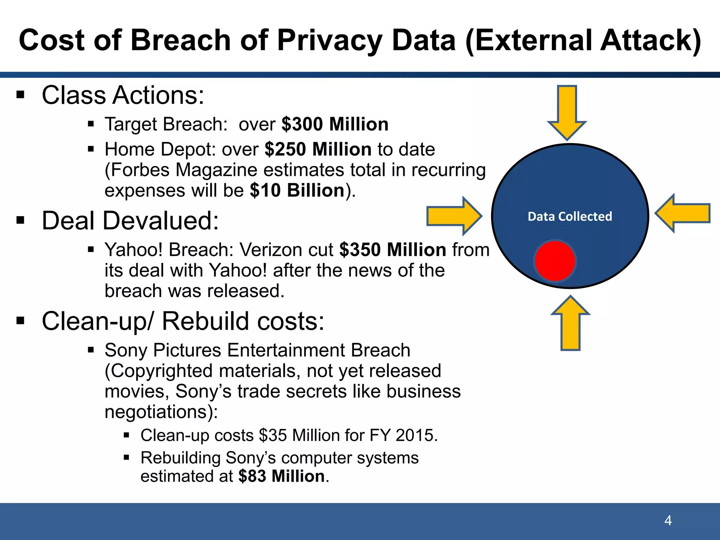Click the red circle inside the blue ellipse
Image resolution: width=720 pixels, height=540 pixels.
[554, 261]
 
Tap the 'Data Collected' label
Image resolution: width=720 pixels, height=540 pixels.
[570, 216]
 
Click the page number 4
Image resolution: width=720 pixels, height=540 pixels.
[668, 520]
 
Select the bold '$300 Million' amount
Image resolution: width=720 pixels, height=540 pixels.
[335, 124]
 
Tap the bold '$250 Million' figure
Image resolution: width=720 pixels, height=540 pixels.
[318, 149]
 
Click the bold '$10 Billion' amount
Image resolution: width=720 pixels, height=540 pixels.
[297, 190]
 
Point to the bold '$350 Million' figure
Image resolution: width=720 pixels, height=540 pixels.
[393, 250]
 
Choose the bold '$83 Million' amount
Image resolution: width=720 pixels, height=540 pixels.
[281, 476]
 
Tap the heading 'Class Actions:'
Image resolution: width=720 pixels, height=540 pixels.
[123, 95]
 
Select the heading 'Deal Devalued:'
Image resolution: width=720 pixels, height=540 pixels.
[130, 220]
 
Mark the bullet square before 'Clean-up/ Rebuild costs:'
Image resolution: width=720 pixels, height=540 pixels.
[20, 321]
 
